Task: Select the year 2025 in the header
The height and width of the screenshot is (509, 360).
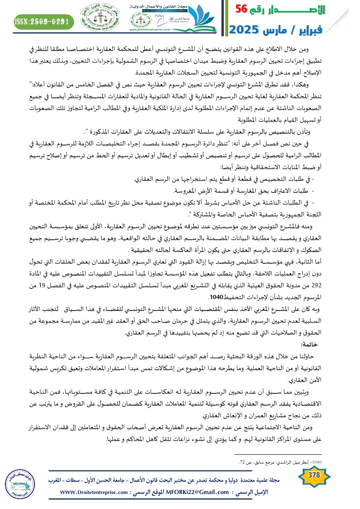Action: pyautogui.click(x=248, y=30)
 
